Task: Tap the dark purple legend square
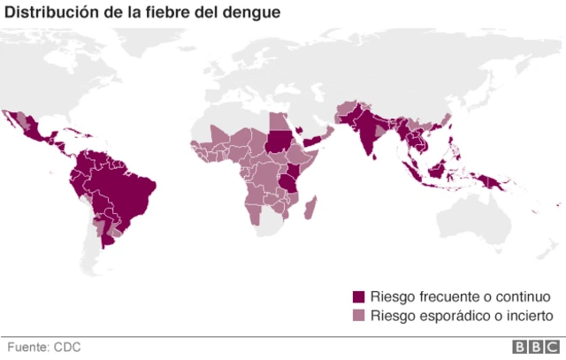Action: (x=358, y=295)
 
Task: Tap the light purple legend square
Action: (x=358, y=316)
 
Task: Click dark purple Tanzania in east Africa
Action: (x=288, y=181)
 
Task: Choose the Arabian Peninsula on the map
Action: (x=310, y=128)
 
